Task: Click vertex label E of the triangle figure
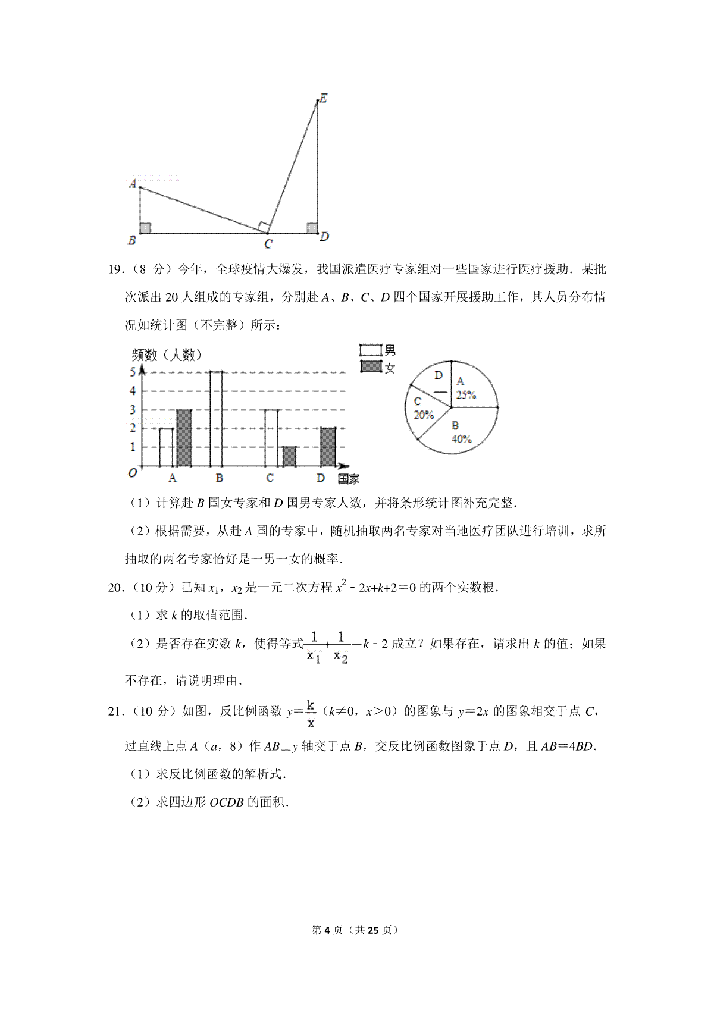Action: (324, 98)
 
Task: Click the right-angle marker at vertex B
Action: (145, 228)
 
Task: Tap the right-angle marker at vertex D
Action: (312, 228)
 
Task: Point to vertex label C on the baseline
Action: (268, 244)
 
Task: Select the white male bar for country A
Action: (166, 447)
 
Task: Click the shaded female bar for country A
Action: (184, 438)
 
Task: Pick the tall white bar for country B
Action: (217, 419)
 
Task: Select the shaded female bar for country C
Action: (289, 456)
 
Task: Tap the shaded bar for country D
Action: (328, 447)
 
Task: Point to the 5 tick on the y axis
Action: (133, 372)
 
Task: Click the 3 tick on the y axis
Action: (133, 410)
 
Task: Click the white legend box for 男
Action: (371, 350)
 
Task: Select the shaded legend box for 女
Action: (371, 366)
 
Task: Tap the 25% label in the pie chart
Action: (466, 395)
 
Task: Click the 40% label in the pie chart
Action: (462, 439)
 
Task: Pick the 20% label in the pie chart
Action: (424, 415)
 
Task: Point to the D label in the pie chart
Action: (439, 375)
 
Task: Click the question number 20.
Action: (115, 588)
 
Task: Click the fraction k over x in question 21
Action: (311, 713)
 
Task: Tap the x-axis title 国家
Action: (349, 479)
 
